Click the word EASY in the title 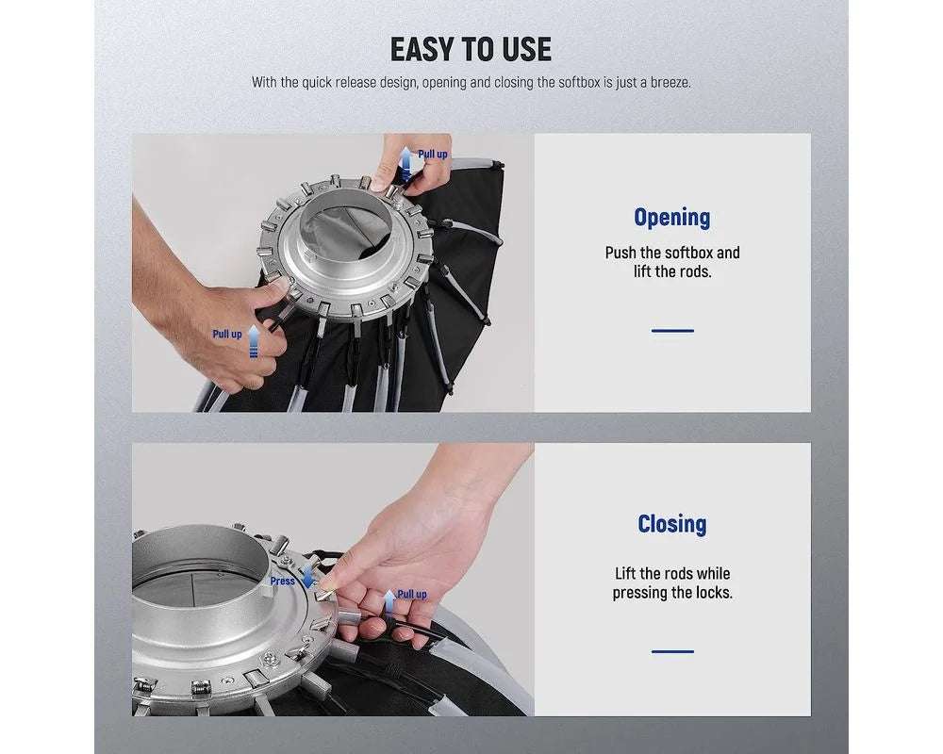point(422,49)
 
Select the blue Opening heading point(671,217)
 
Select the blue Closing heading point(671,524)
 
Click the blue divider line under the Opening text point(672,331)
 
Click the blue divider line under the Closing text point(672,651)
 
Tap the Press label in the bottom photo point(282,582)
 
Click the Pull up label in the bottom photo point(412,594)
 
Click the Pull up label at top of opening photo point(433,155)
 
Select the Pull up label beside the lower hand point(227,335)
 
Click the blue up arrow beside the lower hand point(254,341)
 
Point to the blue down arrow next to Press point(308,576)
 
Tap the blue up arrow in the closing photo point(389,601)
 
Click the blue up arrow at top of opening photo point(407,163)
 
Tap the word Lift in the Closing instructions point(625,574)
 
